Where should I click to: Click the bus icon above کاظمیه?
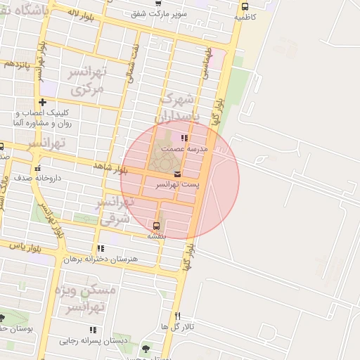(245, 6)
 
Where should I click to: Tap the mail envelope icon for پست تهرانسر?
(176, 174)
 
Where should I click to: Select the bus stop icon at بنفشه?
(155, 226)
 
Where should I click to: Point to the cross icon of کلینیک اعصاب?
(43, 103)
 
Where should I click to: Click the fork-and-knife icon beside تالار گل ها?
(177, 316)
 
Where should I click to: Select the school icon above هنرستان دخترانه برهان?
(101, 248)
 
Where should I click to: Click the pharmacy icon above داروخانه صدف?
(38, 169)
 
